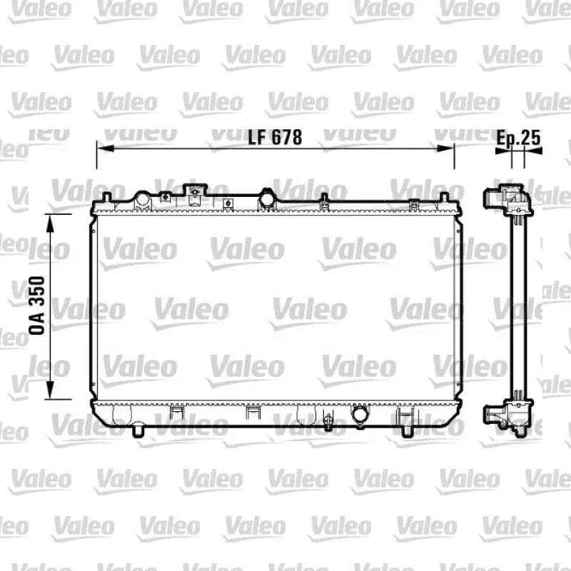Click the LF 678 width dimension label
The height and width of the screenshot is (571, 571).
pyautogui.click(x=275, y=137)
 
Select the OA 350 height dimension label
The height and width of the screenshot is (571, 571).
pyautogui.click(x=37, y=305)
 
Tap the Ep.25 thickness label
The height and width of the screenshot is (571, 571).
pyautogui.click(x=518, y=138)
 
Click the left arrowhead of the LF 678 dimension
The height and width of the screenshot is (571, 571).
pyautogui.click(x=106, y=148)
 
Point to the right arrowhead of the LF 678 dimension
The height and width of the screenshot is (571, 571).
pyautogui.click(x=445, y=148)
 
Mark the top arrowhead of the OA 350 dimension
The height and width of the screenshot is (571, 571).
pyautogui.click(x=50, y=223)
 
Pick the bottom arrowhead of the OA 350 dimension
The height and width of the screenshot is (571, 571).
pyautogui.click(x=50, y=390)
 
